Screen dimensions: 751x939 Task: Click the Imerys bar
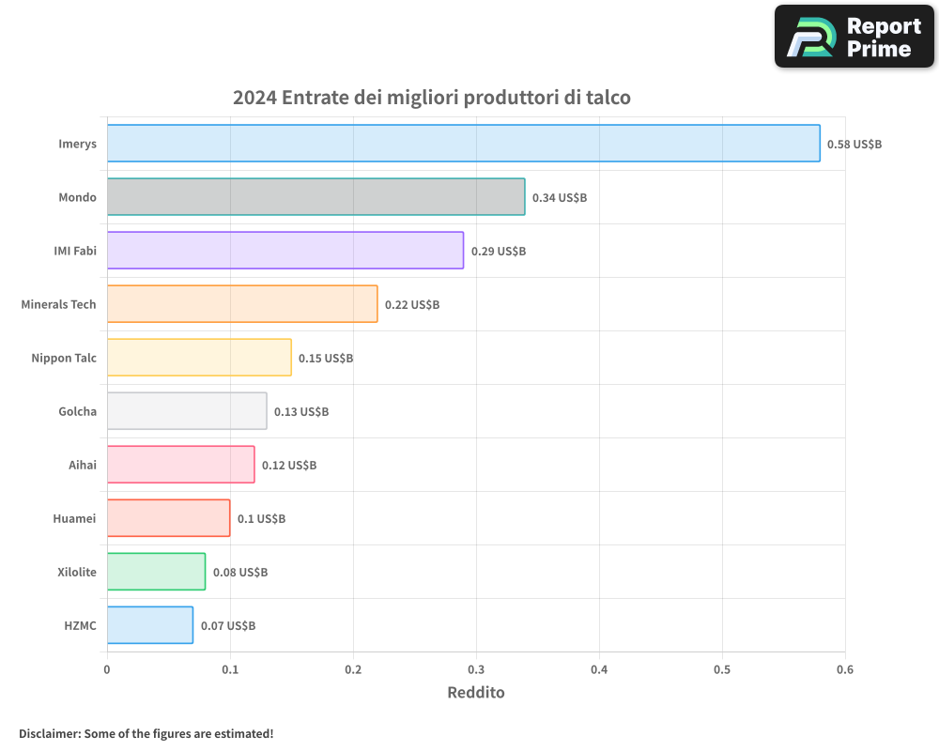point(463,144)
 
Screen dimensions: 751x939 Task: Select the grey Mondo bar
point(316,197)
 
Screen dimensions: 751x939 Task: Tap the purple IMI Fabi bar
point(285,251)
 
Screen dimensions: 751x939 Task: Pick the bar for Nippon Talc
point(199,358)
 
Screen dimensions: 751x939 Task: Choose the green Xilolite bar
point(156,572)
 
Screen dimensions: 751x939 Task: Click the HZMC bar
point(150,625)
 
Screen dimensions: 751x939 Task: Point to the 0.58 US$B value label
point(854,145)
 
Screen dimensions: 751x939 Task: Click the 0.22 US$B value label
point(412,305)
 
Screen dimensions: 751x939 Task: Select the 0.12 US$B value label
point(289,466)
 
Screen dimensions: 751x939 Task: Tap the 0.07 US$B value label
point(228,626)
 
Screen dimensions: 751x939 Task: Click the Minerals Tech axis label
point(58,304)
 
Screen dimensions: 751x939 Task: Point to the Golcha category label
point(77,411)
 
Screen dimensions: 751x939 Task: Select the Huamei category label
point(74,518)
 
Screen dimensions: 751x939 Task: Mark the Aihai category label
point(83,465)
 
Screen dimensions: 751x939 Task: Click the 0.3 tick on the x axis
point(476,669)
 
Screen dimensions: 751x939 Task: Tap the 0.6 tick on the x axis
point(845,669)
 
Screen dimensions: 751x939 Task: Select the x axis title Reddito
point(476,693)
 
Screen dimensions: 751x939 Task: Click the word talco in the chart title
point(607,98)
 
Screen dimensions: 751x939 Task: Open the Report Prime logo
point(854,37)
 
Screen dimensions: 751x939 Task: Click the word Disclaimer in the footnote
point(49,733)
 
